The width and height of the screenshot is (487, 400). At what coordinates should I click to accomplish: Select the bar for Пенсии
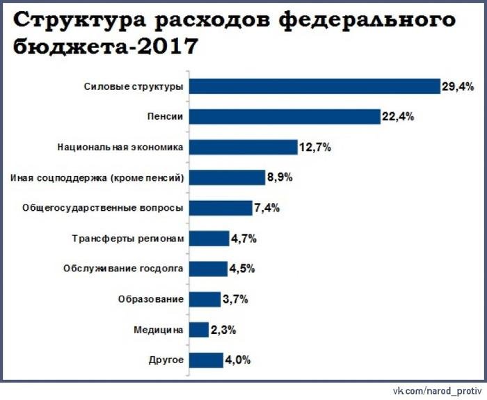(x=284, y=117)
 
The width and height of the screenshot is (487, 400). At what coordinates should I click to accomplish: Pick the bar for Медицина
(x=199, y=330)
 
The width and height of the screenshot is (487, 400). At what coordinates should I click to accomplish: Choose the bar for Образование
(x=205, y=299)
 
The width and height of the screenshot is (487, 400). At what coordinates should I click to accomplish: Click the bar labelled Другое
(x=205, y=360)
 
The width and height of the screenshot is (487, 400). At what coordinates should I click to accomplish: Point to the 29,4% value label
(x=458, y=86)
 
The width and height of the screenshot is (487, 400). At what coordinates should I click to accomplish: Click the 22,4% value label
(x=398, y=117)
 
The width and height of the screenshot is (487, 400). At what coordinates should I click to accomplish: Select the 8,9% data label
(x=280, y=177)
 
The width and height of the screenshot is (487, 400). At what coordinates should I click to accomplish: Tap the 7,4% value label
(x=266, y=208)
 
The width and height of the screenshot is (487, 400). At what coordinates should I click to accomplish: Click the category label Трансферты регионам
(x=129, y=239)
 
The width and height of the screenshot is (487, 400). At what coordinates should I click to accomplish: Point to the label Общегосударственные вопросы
(x=103, y=208)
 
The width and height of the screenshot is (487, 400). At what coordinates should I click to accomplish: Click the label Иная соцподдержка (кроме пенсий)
(x=97, y=177)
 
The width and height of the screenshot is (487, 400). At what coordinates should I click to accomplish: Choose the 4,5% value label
(x=242, y=269)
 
